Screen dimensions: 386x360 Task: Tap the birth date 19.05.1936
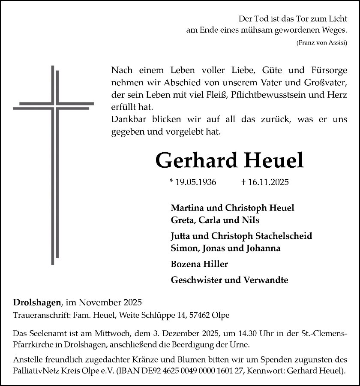pyautogui.click(x=193, y=182)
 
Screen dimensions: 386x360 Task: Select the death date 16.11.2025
pyautogui.click(x=265, y=182)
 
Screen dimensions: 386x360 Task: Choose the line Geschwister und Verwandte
pyautogui.click(x=229, y=280)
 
